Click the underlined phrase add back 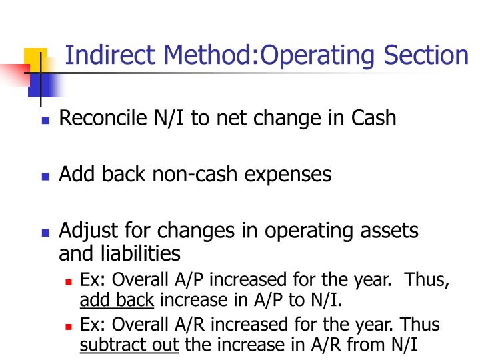117,299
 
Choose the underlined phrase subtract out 130,345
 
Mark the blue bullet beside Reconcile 45,121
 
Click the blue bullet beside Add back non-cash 45,177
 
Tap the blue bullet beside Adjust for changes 45,234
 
